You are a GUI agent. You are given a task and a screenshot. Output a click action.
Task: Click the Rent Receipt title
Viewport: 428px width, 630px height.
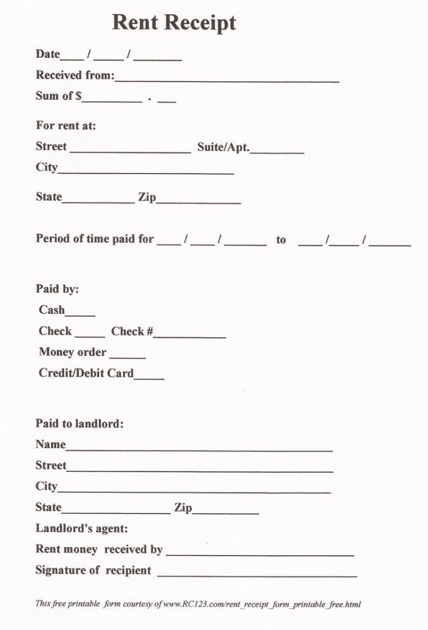(x=174, y=23)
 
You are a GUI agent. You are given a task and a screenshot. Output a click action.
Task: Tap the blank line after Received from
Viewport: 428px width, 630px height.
(x=227, y=79)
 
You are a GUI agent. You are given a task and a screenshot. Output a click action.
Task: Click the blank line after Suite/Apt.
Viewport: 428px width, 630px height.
(x=277, y=150)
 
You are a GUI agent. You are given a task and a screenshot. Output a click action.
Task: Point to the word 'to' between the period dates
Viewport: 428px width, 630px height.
(x=281, y=240)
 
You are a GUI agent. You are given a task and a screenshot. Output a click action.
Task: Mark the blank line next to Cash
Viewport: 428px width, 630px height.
(x=80, y=313)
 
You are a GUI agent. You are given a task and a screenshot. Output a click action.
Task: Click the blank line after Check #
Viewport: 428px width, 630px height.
(x=190, y=335)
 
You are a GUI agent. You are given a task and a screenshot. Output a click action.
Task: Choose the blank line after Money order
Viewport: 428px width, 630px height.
(x=127, y=356)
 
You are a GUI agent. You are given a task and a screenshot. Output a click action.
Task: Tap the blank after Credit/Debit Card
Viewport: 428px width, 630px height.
(x=149, y=377)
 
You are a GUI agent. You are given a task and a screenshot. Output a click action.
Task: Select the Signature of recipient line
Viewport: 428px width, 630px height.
(x=257, y=573)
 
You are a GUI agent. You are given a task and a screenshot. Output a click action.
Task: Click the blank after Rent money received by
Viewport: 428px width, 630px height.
(x=259, y=552)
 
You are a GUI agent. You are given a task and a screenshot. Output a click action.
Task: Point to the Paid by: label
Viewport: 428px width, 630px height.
(x=57, y=289)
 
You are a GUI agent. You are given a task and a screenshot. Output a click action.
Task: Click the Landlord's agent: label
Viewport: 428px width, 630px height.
(x=81, y=528)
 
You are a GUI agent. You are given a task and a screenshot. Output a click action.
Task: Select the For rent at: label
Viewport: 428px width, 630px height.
(x=66, y=126)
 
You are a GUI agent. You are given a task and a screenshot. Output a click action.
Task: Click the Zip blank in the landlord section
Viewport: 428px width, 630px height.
(x=225, y=511)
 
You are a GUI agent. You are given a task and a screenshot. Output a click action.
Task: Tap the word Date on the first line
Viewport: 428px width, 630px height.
(x=47, y=54)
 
